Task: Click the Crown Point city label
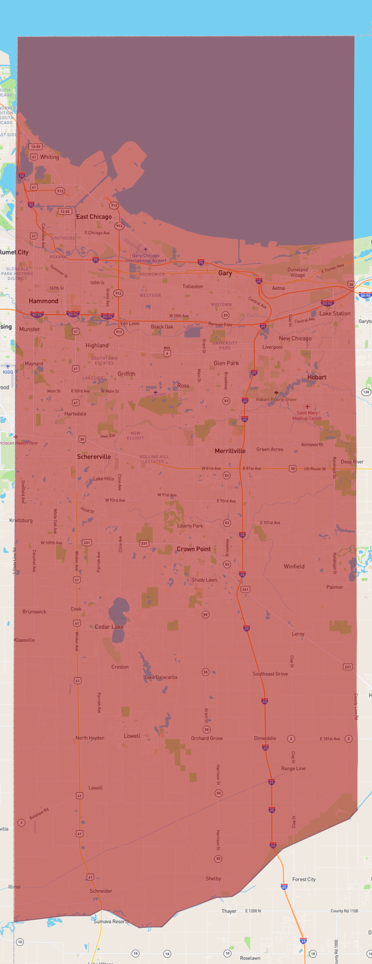(x=193, y=549)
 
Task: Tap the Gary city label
(x=225, y=273)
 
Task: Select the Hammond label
(x=43, y=301)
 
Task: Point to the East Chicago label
(x=94, y=217)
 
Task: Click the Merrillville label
(x=230, y=451)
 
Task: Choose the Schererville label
(x=94, y=457)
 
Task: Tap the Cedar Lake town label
(x=109, y=627)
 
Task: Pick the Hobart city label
(x=317, y=377)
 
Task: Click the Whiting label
(x=50, y=157)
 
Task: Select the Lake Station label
(x=335, y=313)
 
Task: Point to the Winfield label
(x=294, y=566)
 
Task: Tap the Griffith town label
(x=126, y=374)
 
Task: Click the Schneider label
(x=101, y=891)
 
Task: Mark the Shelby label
(x=213, y=878)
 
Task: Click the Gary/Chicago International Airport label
(x=146, y=258)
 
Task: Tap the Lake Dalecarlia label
(x=161, y=677)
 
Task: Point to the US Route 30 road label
(x=315, y=469)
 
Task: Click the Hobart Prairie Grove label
(x=276, y=399)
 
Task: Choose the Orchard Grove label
(x=206, y=738)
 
